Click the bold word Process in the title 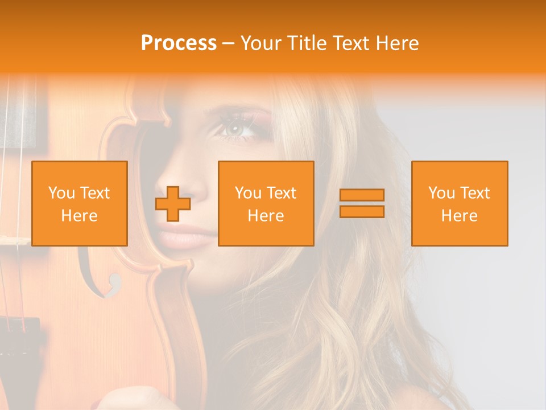pyautogui.click(x=179, y=43)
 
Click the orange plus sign pyautogui.click(x=173, y=204)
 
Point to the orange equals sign pyautogui.click(x=362, y=203)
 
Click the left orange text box pyautogui.click(x=80, y=203)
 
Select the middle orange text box pyautogui.click(x=266, y=203)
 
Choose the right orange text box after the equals pyautogui.click(x=460, y=203)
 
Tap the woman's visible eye pyautogui.click(x=235, y=130)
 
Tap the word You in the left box pyautogui.click(x=61, y=193)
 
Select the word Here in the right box pyautogui.click(x=460, y=215)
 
